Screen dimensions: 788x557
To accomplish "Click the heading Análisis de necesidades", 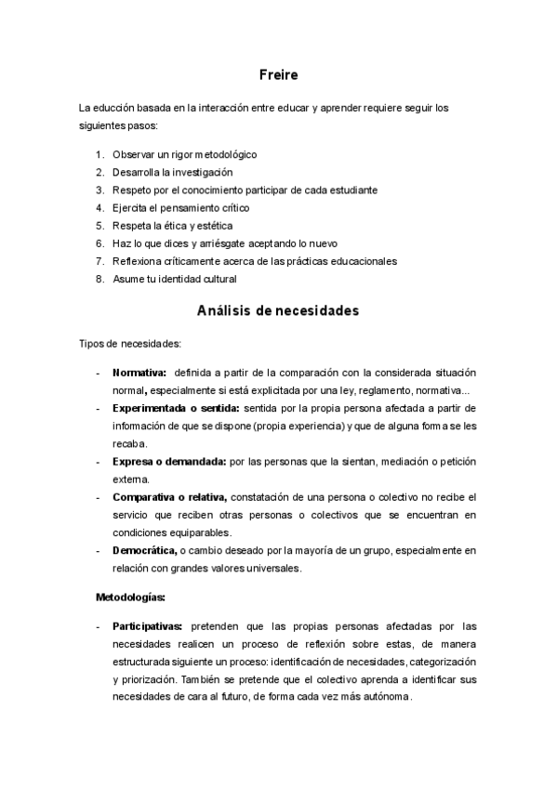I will [278, 311].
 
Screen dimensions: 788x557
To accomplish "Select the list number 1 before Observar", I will [99, 154].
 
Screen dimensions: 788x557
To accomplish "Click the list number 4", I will [99, 207].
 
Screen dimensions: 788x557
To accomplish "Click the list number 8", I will [99, 278].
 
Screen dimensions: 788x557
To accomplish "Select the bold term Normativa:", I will [139, 373].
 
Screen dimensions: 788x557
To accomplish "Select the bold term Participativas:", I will [148, 625].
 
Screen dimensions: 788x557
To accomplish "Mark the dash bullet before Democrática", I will [99, 550].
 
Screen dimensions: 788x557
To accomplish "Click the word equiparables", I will [197, 532].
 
